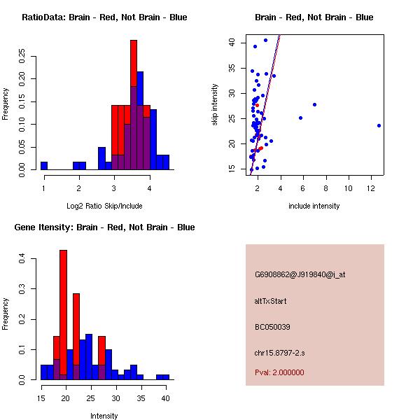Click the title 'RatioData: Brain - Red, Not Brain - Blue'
tap(104, 17)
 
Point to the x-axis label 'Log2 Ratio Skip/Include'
tap(104, 206)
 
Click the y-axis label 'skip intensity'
tap(215, 105)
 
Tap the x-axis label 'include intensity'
tap(314, 206)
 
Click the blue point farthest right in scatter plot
tap(379, 126)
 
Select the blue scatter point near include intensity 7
tap(315, 104)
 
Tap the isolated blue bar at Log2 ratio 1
tap(44, 165)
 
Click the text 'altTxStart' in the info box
tap(270, 301)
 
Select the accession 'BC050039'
tap(272, 327)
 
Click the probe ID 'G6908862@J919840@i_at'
tap(300, 274)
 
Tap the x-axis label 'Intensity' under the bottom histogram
tap(104, 416)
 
